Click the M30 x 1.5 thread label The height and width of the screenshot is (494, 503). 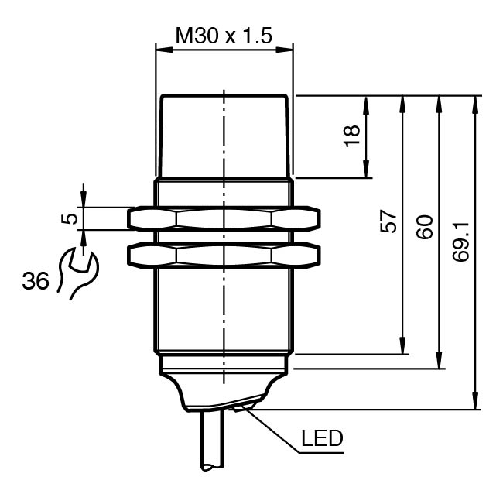(224, 36)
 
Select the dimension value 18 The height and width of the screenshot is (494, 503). (351, 136)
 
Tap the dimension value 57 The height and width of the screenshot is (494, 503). (388, 221)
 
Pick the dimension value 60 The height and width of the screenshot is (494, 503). (425, 227)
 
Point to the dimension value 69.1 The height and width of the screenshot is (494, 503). (461, 242)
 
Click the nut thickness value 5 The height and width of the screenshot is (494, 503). (70, 219)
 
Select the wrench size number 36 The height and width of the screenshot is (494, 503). (36, 281)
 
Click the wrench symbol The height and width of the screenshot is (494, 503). (78, 273)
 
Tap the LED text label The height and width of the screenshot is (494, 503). (322, 438)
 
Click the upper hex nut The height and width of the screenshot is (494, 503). (224, 219)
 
